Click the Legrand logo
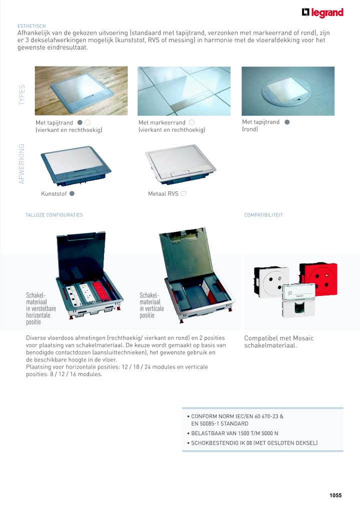[x=322, y=13]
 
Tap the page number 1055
[x=335, y=495]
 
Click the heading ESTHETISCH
[x=31, y=26]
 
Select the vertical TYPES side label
[x=22, y=95]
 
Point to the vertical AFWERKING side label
[x=22, y=163]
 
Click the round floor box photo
[x=287, y=91]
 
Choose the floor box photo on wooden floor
[x=81, y=91]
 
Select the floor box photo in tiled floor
[x=184, y=91]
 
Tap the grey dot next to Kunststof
[x=72, y=193]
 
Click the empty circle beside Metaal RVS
[x=183, y=193]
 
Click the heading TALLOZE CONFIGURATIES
[x=54, y=215]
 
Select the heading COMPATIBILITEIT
[x=263, y=215]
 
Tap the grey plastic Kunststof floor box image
[x=76, y=164]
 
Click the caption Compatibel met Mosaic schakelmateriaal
[x=278, y=342]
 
